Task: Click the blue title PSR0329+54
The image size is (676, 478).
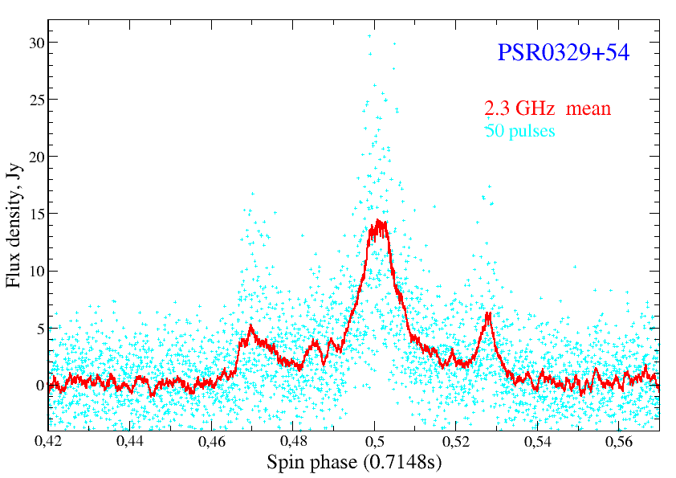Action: (x=564, y=53)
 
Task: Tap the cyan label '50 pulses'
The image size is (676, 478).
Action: (x=520, y=129)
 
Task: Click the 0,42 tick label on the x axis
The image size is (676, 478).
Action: (x=49, y=441)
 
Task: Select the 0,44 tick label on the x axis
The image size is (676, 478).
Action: (x=130, y=441)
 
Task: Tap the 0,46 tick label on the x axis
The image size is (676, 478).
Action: (x=212, y=441)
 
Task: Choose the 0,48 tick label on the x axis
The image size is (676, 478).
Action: (x=293, y=441)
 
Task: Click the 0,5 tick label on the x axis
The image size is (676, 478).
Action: (x=375, y=441)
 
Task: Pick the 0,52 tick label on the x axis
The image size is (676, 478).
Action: (x=456, y=441)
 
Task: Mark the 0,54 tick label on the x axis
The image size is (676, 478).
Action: (x=537, y=441)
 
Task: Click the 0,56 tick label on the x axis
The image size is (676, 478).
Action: (x=619, y=441)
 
